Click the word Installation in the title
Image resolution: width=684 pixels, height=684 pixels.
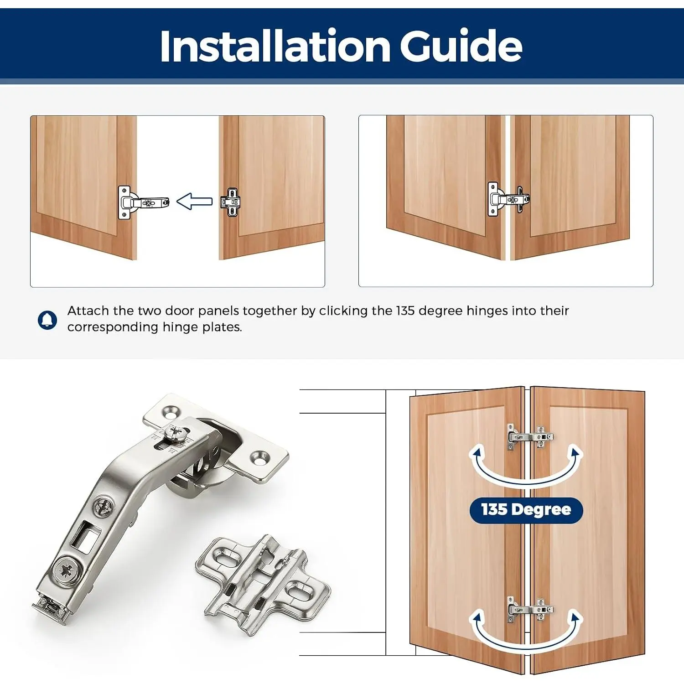pyautogui.click(x=275, y=46)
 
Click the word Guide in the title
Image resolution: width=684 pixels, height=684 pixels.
pyautogui.click(x=461, y=46)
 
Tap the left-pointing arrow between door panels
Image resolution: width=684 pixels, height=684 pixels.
pyautogui.click(x=194, y=201)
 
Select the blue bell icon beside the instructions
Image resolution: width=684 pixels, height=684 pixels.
pyautogui.click(x=47, y=320)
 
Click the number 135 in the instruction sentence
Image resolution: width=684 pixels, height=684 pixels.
pyautogui.click(x=405, y=311)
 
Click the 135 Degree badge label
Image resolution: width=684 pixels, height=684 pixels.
pyautogui.click(x=526, y=509)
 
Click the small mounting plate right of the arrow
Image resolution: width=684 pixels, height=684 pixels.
pyautogui.click(x=231, y=202)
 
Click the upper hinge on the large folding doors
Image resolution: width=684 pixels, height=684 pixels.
pyautogui.click(x=530, y=437)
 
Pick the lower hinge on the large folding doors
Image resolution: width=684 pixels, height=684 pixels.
pyautogui.click(x=530, y=610)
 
